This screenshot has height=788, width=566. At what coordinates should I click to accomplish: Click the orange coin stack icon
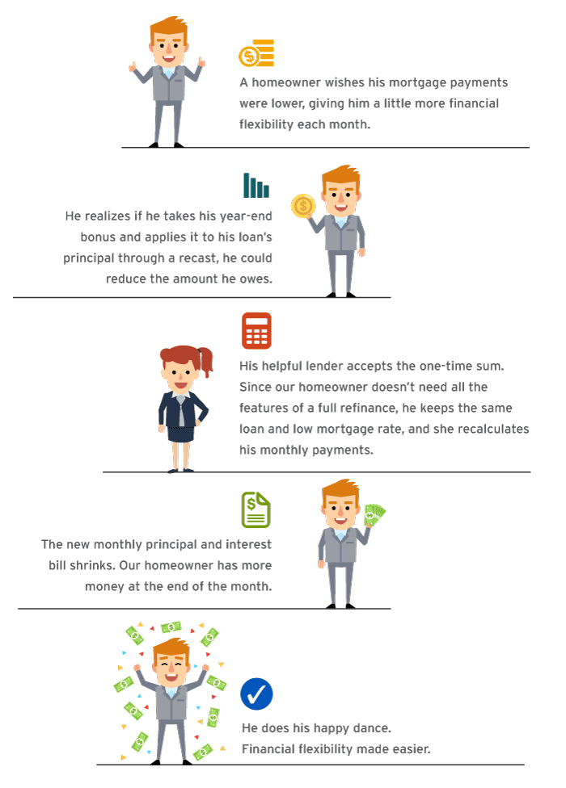pos(256,53)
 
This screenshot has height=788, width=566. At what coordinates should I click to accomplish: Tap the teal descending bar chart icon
pos(256,185)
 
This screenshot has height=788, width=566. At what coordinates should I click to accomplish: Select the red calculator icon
pos(256,331)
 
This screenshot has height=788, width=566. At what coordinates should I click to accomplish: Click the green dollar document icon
pos(256,509)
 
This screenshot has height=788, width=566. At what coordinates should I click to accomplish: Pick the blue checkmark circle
pos(256,694)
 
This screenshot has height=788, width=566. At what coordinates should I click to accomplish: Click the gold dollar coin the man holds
pos(303,206)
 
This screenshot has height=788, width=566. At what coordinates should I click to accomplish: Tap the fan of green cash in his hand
pos(374,515)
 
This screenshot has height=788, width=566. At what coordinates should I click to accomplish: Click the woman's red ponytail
pos(206,360)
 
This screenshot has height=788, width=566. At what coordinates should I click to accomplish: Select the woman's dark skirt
pos(180,434)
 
